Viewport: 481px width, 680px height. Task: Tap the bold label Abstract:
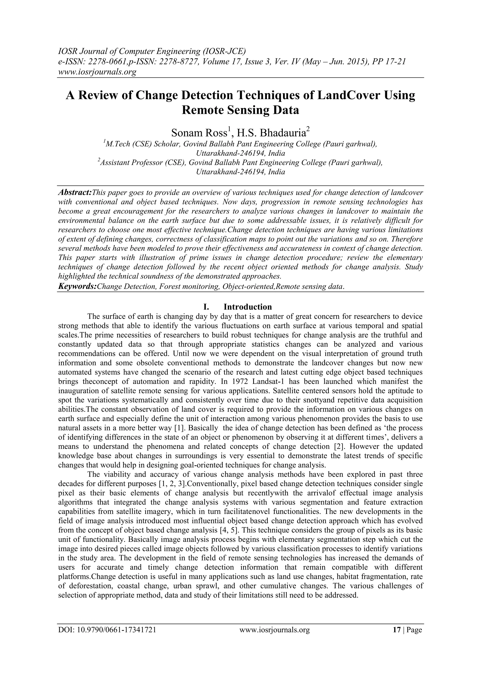(x=75, y=193)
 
